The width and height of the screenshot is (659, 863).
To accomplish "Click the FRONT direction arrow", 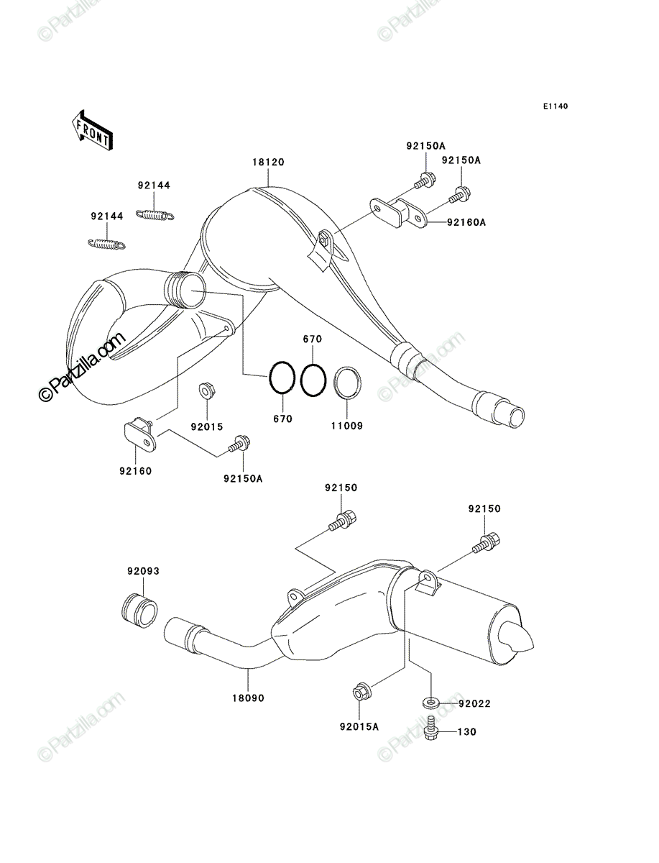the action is pos(92,130).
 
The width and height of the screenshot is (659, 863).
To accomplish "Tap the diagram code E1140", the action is pos(556,106).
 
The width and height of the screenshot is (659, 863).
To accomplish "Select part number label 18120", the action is pos(268,162).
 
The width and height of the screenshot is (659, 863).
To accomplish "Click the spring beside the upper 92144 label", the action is pos(155,214).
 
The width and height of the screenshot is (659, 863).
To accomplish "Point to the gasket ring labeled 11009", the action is pos(348,380).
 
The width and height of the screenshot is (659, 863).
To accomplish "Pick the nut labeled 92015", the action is pos(208,390).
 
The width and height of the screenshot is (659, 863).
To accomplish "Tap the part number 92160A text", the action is pos(466,222).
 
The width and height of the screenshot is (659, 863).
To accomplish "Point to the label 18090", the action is pos(248,698).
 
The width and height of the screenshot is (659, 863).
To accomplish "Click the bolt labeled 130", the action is pos(431,728).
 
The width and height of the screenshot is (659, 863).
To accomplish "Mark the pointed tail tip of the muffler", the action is pos(534,646).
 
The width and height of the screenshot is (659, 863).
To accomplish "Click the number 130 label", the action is pos(467,732).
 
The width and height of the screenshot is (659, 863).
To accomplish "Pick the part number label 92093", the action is pos(143,571).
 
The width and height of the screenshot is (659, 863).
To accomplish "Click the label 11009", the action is pos(347,426).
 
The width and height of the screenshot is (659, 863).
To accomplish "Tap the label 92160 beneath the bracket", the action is pos(136,471).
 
